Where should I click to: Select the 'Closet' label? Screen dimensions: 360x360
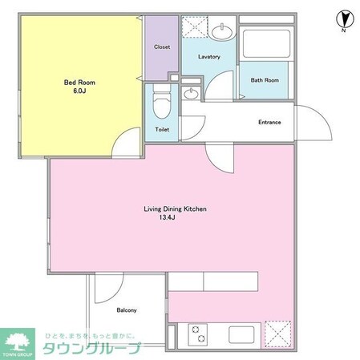click(x=162, y=47)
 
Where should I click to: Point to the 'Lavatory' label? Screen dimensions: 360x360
click(x=208, y=57)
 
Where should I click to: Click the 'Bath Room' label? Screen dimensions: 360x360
click(x=264, y=80)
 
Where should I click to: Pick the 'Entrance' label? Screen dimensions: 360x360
click(x=269, y=122)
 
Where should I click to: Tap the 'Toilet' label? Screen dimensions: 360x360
click(x=162, y=128)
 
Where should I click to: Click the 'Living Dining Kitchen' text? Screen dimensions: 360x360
click(x=175, y=208)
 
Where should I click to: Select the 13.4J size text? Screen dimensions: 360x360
click(x=175, y=217)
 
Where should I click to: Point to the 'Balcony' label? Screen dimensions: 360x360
click(x=127, y=310)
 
